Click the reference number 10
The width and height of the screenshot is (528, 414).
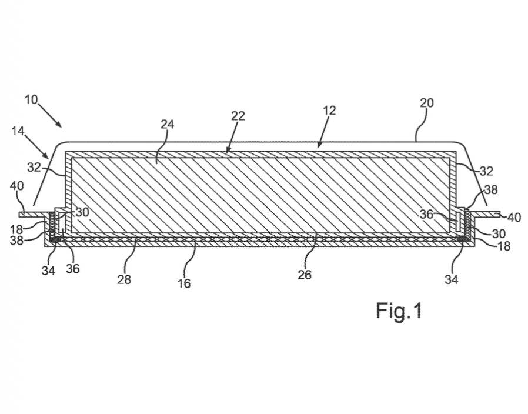[x=31, y=100]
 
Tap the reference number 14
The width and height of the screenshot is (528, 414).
[x=18, y=131]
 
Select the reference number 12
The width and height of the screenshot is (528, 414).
[x=329, y=111]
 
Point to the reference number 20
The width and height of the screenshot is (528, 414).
[x=427, y=103]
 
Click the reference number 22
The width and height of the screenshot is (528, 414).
[x=238, y=115]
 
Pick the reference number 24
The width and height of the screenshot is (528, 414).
[x=167, y=124]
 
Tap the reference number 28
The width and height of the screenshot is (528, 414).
[x=124, y=279]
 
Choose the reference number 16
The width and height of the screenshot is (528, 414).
[x=184, y=283]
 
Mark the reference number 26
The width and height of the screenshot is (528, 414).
[x=305, y=275]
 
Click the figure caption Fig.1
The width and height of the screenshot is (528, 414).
[x=399, y=311]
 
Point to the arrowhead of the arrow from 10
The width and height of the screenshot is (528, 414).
[x=60, y=126]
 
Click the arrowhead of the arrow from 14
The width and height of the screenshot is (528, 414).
[x=48, y=156]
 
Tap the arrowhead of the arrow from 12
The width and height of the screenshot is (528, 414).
[x=318, y=146]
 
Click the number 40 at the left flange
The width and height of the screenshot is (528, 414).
[x=17, y=185]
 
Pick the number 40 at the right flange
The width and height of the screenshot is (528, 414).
[x=514, y=217]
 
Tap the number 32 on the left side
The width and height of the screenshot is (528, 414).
[x=34, y=167]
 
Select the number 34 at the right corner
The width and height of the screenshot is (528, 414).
[x=451, y=279]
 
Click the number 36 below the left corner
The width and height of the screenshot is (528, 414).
[x=73, y=269]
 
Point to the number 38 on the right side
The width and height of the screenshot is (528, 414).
[x=490, y=190]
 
